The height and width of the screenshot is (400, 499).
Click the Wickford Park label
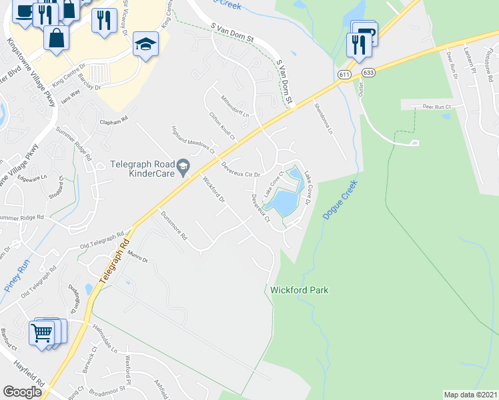(300, 290)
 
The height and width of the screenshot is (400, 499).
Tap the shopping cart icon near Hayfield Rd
(42, 332)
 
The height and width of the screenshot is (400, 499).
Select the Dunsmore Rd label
(174, 225)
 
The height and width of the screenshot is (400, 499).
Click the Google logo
(22, 392)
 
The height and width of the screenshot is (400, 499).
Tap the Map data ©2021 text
(470, 394)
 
